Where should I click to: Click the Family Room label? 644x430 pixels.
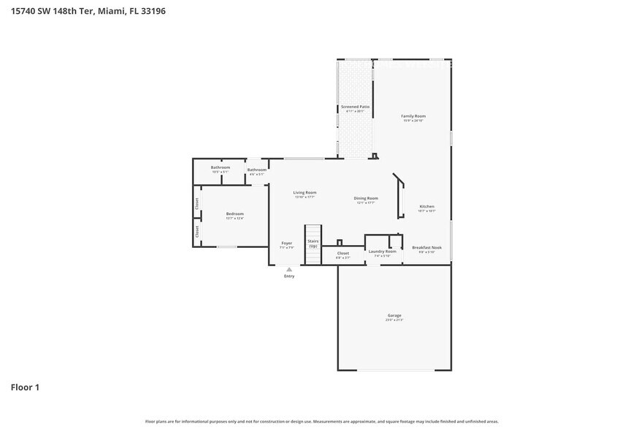[413, 116]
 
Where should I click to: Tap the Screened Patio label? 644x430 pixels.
[355, 107]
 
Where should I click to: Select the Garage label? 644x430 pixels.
[394, 315]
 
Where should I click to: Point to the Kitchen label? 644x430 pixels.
[426, 206]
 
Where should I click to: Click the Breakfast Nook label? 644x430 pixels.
[426, 247]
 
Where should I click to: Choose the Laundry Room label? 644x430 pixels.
[381, 251]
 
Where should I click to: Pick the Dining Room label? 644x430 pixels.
[366, 198]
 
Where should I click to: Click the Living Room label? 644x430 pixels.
[304, 192]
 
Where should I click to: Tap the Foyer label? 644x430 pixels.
[286, 243]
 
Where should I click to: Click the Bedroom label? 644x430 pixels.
[234, 214]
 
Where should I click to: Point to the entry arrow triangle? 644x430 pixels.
[289, 269]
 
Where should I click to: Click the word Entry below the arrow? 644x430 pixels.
[289, 276]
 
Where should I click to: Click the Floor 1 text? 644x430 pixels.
[25, 387]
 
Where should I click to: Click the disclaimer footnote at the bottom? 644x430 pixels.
[321, 421]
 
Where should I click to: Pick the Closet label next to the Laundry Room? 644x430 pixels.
[342, 253]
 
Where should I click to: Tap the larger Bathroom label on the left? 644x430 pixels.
[221, 167]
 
